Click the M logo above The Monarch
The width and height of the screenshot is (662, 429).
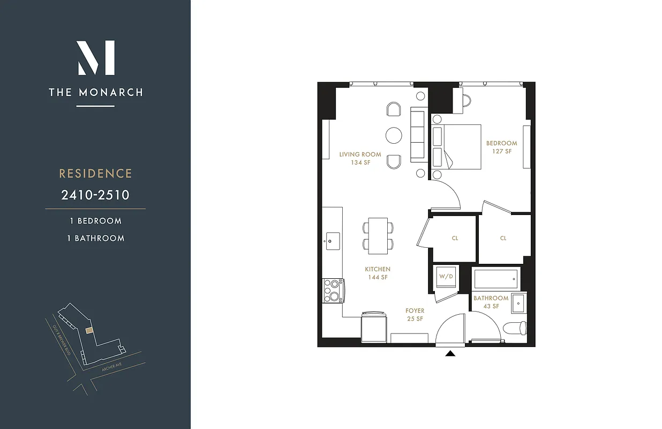point(96,58)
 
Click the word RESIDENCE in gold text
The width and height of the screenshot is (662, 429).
point(95,174)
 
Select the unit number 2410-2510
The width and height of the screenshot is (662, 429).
point(95,195)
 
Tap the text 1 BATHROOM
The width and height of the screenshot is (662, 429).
point(95,238)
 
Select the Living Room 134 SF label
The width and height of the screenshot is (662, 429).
point(360,158)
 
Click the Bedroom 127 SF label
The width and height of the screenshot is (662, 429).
point(501,147)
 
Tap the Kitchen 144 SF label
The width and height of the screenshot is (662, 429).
point(378,273)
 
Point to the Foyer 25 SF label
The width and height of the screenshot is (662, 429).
point(415,315)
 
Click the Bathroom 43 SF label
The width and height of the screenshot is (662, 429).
point(491,302)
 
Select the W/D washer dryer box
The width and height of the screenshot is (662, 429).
point(446,277)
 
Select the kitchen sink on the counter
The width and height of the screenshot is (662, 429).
point(332,238)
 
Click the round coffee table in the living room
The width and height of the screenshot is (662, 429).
point(394,135)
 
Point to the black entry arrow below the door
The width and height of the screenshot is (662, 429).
point(450,353)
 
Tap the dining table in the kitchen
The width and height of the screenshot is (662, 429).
point(378,235)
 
